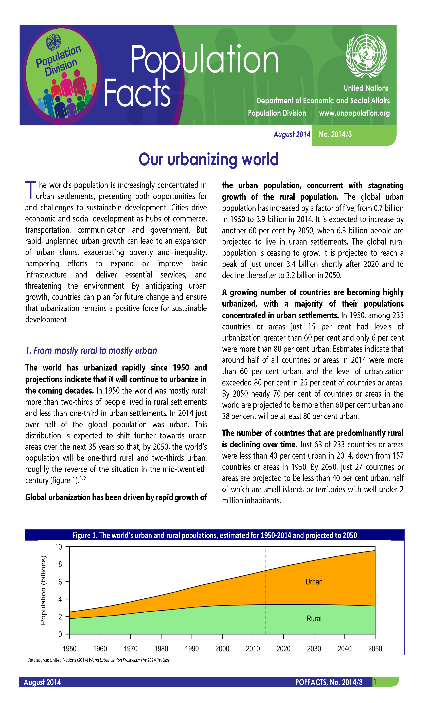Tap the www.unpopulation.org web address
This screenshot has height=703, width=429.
(354, 113)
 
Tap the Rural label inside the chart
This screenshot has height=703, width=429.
(314, 619)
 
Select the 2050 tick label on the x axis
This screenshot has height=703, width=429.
(375, 649)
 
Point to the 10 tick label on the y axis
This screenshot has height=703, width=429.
(59, 547)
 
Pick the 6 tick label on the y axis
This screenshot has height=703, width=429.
(60, 582)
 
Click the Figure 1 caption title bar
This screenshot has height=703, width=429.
(214, 535)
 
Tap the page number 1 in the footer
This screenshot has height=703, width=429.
(375, 682)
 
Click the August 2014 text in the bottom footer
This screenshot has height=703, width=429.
(42, 682)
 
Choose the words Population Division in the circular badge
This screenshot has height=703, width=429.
(59, 61)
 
